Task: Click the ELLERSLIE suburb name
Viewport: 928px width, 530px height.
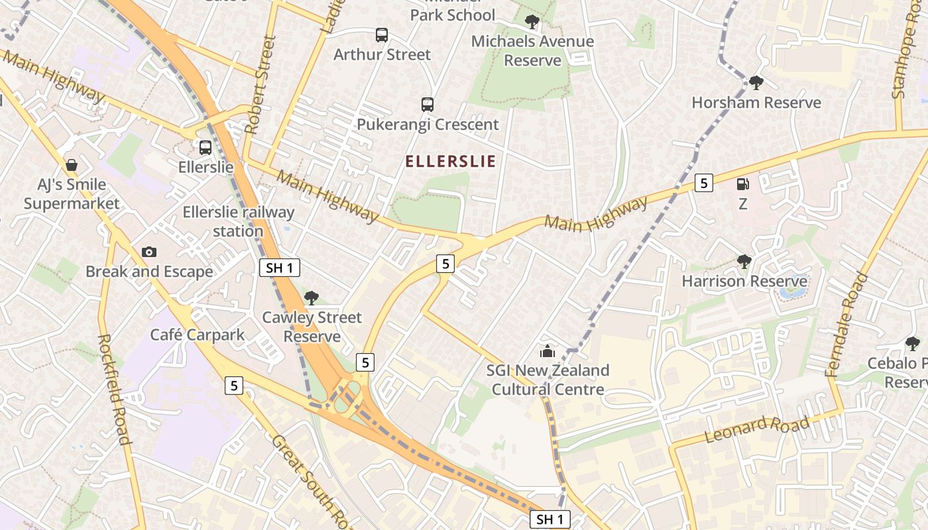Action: pyautogui.click(x=450, y=161)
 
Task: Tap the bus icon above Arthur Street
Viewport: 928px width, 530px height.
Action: pyautogui.click(x=382, y=35)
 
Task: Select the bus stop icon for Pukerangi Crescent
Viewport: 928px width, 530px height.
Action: pyautogui.click(x=428, y=105)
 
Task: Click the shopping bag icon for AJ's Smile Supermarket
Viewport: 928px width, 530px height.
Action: pyautogui.click(x=71, y=164)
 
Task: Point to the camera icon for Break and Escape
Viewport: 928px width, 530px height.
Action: pyautogui.click(x=149, y=252)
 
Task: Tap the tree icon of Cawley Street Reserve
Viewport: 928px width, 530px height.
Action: pyautogui.click(x=312, y=298)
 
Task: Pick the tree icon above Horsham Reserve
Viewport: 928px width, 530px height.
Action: pyautogui.click(x=756, y=83)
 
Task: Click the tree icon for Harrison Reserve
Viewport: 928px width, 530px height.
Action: pyautogui.click(x=744, y=262)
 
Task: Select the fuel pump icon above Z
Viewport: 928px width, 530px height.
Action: pyautogui.click(x=743, y=184)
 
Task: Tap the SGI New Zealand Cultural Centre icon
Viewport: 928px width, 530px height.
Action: pyautogui.click(x=548, y=350)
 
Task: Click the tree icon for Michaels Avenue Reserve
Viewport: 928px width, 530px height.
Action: pyautogui.click(x=532, y=22)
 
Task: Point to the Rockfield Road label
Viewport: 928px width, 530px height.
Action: pyautogui.click(x=113, y=389)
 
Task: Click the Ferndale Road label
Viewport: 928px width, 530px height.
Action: pyautogui.click(x=847, y=325)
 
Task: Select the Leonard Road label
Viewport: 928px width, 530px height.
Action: pyautogui.click(x=757, y=429)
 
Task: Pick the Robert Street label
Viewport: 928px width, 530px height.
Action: pyautogui.click(x=260, y=85)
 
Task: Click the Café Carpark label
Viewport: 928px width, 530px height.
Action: pyautogui.click(x=198, y=335)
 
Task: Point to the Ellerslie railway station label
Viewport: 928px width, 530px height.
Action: pyautogui.click(x=239, y=222)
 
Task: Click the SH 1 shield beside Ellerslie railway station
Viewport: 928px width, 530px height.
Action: pyautogui.click(x=279, y=268)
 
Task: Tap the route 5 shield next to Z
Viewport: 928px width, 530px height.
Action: pyautogui.click(x=703, y=182)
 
